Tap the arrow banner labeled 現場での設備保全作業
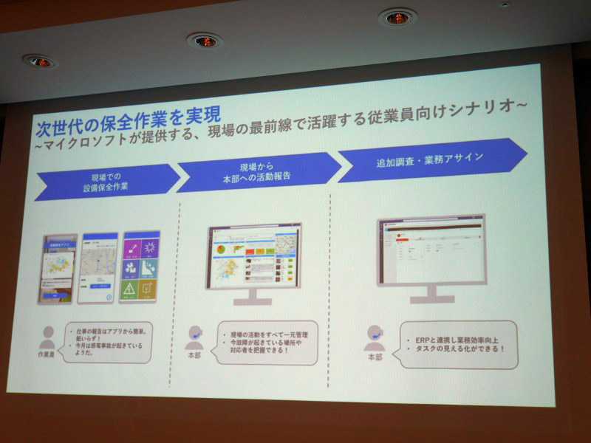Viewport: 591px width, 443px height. tap(108, 181)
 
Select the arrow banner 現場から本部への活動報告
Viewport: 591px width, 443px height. tap(259, 172)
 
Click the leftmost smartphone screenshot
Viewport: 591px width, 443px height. tap(58, 269)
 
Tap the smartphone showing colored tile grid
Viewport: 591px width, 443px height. tap(140, 266)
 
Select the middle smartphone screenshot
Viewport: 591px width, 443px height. tap(98, 267)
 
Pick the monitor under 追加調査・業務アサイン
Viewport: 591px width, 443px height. tap(431, 254)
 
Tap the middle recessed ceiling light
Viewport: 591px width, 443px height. tap(205, 40)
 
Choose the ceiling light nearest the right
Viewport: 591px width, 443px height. tap(397, 17)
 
